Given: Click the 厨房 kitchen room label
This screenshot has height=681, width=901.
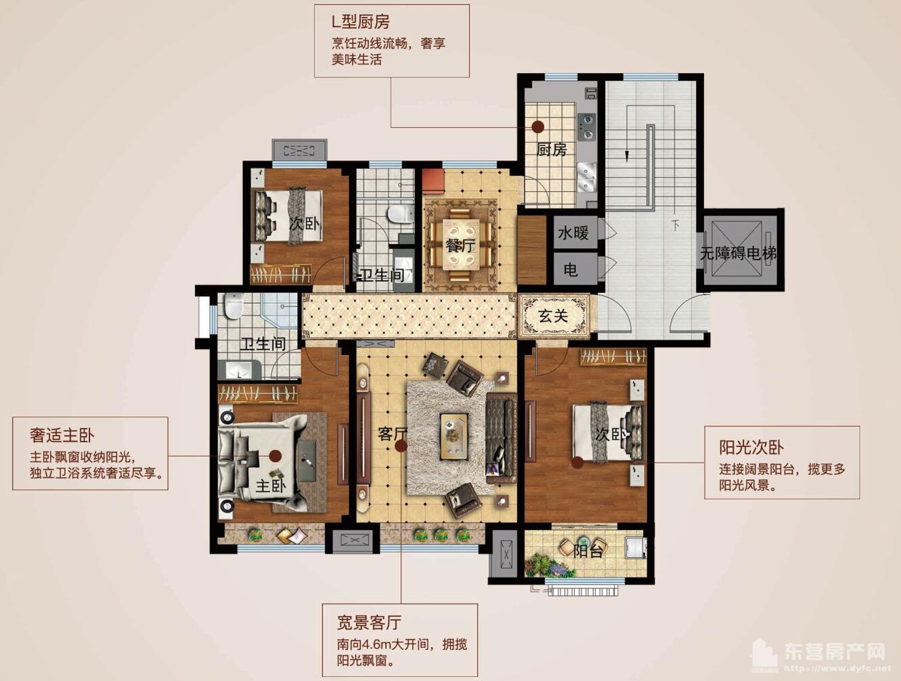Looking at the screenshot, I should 551,149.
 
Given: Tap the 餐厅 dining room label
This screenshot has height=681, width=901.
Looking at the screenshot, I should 460,245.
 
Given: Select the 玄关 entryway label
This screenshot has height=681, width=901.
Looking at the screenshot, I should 553,315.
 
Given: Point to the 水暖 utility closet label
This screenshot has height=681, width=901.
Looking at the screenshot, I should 573,233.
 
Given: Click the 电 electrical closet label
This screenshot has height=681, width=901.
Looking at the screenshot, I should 571,270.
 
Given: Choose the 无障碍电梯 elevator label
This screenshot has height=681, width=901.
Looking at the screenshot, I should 738,254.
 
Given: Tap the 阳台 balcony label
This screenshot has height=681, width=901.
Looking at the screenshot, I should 588,550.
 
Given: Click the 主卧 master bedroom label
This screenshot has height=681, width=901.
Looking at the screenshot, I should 271,486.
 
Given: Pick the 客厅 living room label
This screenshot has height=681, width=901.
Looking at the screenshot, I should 392,433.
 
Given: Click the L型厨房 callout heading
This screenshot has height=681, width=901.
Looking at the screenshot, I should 361,23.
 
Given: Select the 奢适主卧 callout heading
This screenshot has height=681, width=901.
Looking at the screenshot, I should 62,435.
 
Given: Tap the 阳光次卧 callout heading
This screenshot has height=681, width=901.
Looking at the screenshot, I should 751,447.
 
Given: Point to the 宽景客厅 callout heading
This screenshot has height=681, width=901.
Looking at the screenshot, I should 369,621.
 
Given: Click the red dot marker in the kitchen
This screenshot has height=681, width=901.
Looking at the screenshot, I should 538,126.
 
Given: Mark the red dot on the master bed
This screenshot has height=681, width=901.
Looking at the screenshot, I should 276,456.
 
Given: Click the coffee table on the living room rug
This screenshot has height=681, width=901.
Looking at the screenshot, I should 454,433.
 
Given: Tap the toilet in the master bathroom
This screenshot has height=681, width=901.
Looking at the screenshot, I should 234,306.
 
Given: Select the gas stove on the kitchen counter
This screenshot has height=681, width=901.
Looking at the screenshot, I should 586,126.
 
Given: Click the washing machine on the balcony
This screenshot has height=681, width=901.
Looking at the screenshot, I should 634,546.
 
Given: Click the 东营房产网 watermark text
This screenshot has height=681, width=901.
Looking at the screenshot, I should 834,651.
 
